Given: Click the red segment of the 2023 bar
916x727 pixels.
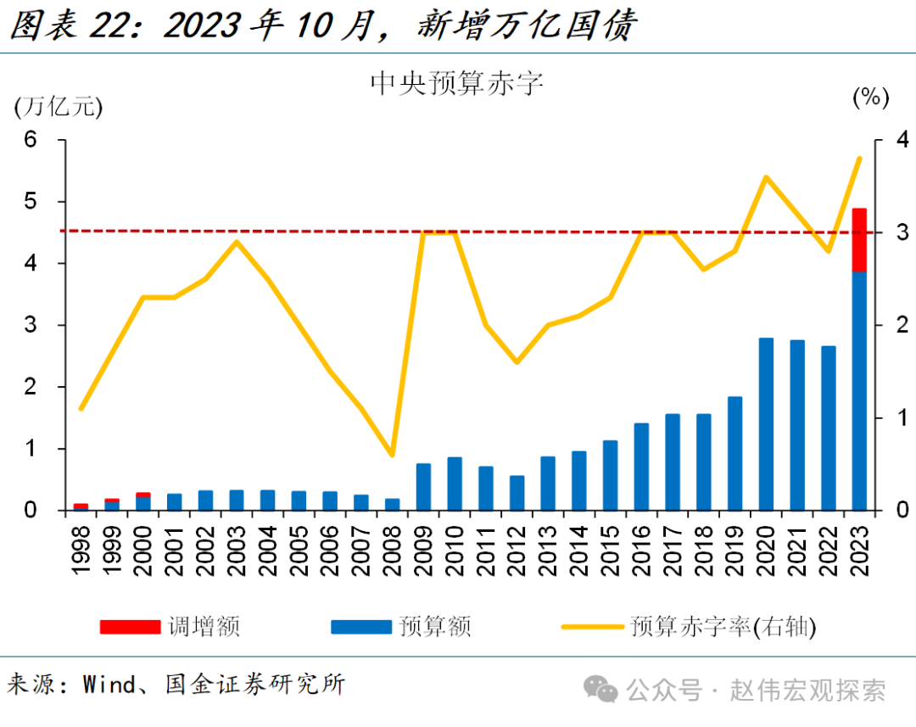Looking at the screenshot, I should [x=858, y=239].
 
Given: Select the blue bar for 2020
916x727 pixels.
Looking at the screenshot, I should [x=766, y=424].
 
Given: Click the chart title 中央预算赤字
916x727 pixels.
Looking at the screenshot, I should [x=456, y=83].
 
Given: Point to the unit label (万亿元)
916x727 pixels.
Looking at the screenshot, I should [x=59, y=106].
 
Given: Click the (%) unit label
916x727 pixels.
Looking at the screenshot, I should [x=870, y=98].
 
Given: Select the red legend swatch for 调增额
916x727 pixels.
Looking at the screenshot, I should [x=130, y=627].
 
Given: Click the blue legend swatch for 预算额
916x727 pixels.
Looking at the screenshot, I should [x=361, y=627].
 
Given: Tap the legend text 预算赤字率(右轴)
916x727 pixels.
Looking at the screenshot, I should [x=723, y=627].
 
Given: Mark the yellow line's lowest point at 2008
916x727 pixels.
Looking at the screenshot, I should [x=392, y=455].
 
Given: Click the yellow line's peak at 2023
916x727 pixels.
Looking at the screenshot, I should [x=859, y=158].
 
